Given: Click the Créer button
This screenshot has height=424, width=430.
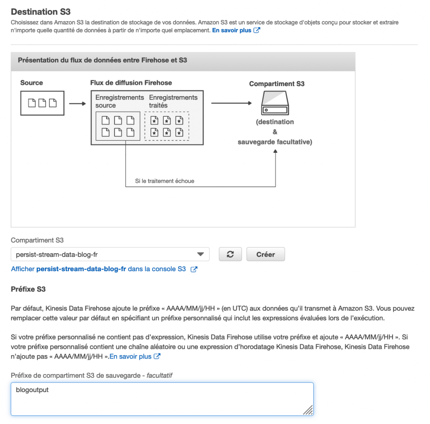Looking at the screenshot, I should pos(265,254).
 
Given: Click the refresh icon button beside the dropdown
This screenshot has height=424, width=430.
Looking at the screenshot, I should pos(230,254).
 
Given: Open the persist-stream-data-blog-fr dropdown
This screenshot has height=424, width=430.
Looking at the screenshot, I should pos(110,254).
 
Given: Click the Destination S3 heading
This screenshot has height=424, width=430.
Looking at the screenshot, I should pos(40,12).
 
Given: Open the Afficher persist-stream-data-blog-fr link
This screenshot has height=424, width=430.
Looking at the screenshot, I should pos(104,269).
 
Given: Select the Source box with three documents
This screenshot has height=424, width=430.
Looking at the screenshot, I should pos(42,103).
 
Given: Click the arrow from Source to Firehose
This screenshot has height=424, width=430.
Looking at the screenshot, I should pos(77,103).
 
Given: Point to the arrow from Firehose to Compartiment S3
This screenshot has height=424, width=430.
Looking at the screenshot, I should pos(231,103).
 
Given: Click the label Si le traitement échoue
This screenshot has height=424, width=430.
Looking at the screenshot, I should pos(165,181).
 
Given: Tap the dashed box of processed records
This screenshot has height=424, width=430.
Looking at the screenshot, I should pos(167,126).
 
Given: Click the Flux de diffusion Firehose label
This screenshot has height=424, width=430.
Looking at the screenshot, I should pos(131,83).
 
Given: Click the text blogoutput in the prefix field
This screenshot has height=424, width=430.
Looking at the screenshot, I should pos(32,390).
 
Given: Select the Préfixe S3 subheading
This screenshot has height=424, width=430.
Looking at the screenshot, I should pos(28,289).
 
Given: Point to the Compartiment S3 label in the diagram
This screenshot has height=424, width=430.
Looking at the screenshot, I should pos(277,84).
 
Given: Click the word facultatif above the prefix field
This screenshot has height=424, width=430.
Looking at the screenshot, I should pos(159,375).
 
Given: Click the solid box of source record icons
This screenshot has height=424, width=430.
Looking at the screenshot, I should pos(118,126).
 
